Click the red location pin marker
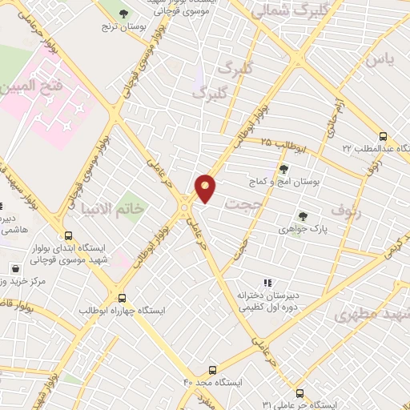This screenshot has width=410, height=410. [x=206, y=187]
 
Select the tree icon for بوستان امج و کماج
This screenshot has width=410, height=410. [x=283, y=168]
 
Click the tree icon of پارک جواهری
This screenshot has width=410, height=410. [x=302, y=215]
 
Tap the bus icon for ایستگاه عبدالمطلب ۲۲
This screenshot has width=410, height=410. [x=383, y=136]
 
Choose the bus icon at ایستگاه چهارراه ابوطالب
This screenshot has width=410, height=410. [x=122, y=296]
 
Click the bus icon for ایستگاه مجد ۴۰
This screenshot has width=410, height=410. [x=212, y=369]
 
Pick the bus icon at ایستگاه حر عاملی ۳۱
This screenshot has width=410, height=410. [x=299, y=393]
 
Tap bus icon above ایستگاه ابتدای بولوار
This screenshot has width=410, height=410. [x=68, y=236]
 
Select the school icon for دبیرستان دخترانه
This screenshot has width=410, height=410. [x=268, y=282]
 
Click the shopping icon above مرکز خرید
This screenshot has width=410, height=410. [x=15, y=268]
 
